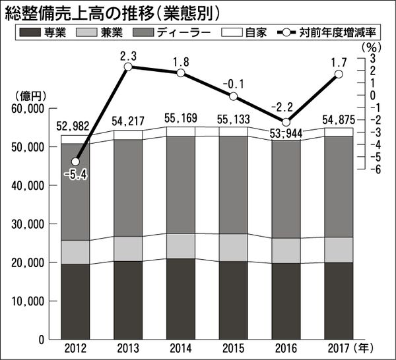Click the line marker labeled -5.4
76,162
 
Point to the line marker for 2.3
128,67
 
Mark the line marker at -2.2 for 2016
286,123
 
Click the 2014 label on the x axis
181,347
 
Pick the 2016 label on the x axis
286,347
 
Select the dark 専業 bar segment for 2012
76,301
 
